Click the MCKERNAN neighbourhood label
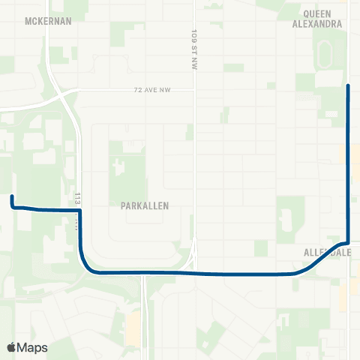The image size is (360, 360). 48,21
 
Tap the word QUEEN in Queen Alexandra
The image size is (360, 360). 323,13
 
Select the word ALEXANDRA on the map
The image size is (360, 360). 323,23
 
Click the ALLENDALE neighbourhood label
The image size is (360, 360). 328,253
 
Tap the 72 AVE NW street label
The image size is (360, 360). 150,90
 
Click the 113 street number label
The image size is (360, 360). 77,196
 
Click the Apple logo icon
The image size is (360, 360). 12,347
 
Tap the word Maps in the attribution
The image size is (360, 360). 32,347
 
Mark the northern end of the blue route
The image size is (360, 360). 348,86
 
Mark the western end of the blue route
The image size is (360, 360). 12,196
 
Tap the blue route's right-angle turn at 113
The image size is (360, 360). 79,211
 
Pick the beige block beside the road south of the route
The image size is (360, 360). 133,325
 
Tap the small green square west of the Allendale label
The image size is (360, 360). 260,248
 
